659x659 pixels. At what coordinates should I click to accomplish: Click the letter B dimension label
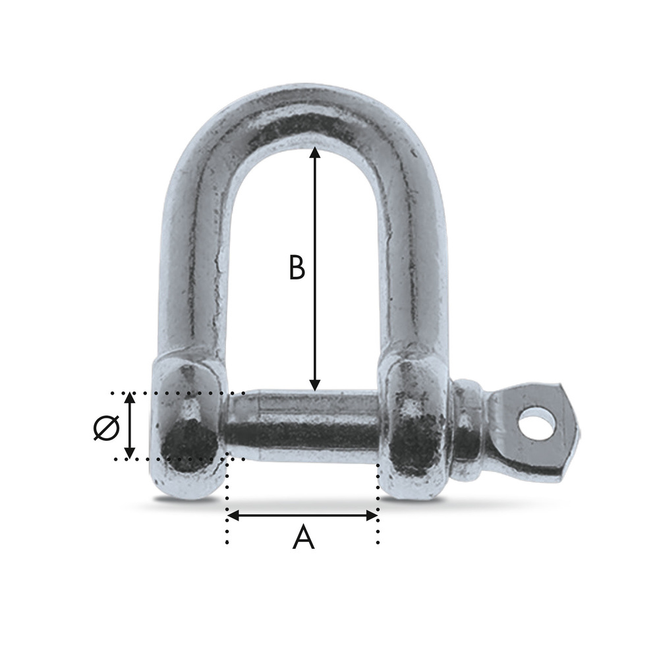click(297, 268)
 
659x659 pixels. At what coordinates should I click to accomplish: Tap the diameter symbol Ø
click(106, 428)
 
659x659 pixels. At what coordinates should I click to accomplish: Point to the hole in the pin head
click(536, 423)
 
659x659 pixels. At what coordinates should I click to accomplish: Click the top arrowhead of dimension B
click(315, 152)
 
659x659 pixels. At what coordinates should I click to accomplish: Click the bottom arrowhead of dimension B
click(315, 385)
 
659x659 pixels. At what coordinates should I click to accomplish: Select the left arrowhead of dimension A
click(233, 515)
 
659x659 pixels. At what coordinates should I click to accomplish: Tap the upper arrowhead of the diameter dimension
click(130, 398)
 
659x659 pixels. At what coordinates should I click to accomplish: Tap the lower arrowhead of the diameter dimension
click(130, 453)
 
